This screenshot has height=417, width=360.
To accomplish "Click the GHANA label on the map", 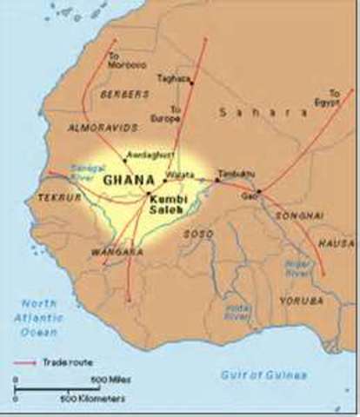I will point(123,180).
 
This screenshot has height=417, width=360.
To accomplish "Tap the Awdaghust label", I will point(145,154).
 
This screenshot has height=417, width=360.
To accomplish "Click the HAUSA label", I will point(336,244).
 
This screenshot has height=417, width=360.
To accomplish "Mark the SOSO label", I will point(197,234).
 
